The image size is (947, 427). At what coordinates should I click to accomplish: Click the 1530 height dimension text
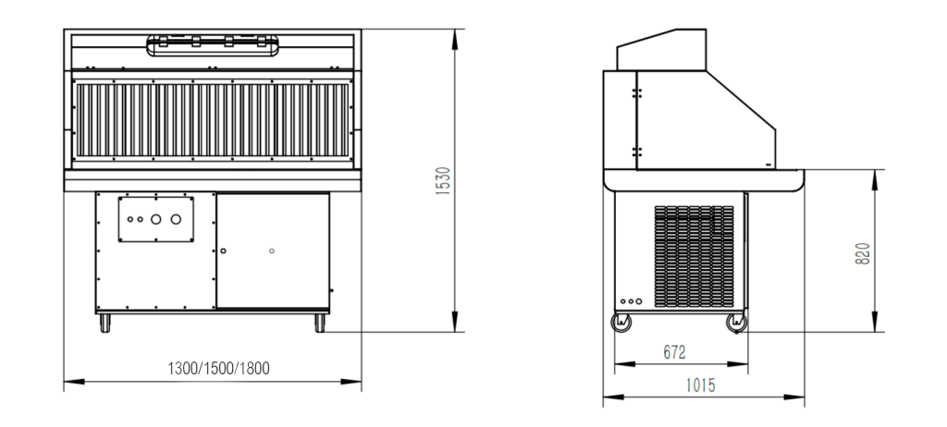click(443, 180)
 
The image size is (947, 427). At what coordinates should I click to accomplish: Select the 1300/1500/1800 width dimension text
click(218, 368)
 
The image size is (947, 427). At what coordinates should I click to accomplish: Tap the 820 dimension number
click(863, 253)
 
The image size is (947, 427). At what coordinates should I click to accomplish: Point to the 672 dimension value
click(674, 352)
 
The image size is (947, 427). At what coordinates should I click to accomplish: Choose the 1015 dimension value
click(701, 385)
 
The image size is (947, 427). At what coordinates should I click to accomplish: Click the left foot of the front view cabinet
click(105, 323)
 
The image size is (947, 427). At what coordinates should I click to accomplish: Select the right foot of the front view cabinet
click(320, 323)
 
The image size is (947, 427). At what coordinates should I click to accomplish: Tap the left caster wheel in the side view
click(621, 323)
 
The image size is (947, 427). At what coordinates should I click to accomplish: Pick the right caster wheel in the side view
click(737, 323)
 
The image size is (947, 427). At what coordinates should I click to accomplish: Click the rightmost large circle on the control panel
click(176, 219)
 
